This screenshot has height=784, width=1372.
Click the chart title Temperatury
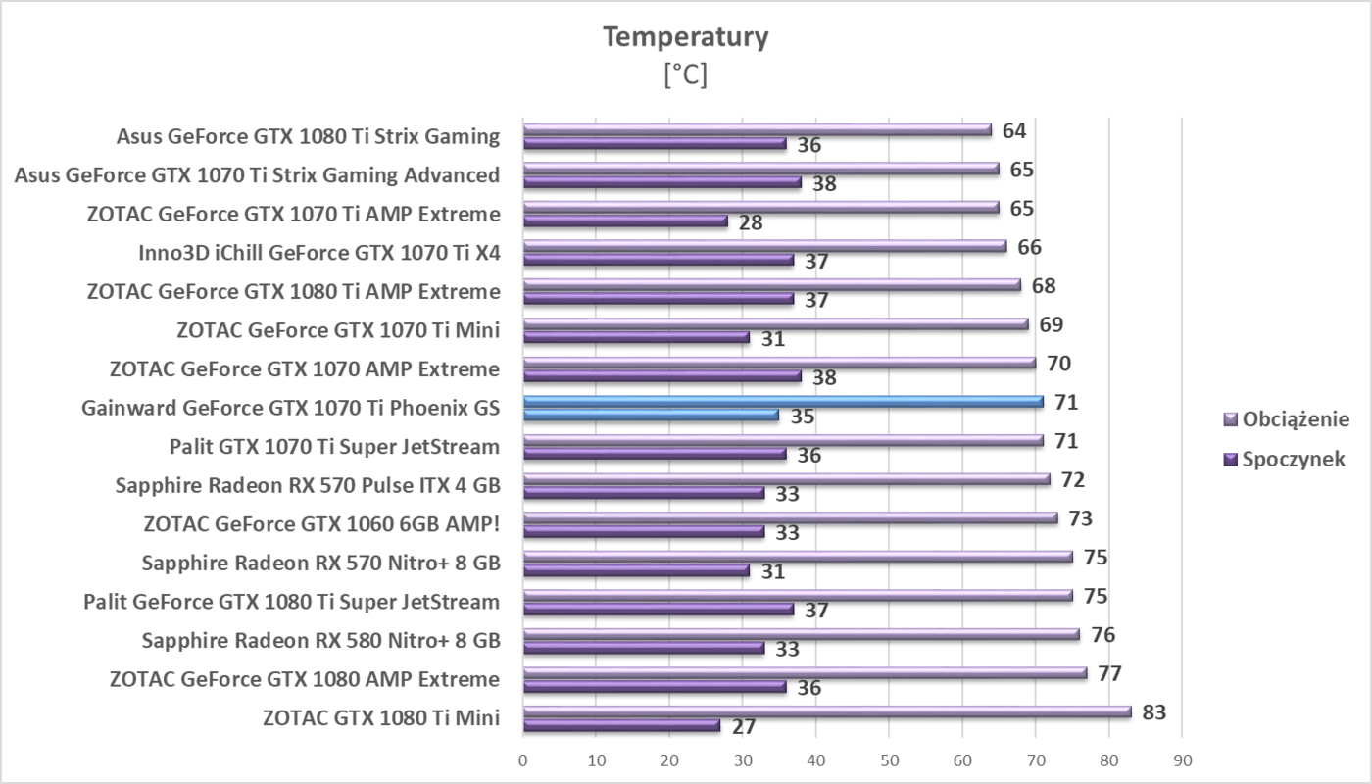pyautogui.click(x=685, y=37)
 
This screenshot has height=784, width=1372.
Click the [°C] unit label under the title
pyautogui.click(x=685, y=74)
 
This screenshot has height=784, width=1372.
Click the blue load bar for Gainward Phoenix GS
pyautogui.click(x=783, y=401)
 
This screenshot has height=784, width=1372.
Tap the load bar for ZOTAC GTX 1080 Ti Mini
pyautogui.click(x=827, y=711)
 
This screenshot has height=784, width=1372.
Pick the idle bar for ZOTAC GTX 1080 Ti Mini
pyautogui.click(x=621, y=726)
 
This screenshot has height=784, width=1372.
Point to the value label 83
pyautogui.click(x=1153, y=712)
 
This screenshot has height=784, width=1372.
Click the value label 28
pyautogui.click(x=751, y=222)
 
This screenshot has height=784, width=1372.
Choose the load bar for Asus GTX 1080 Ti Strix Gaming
pyautogui.click(x=758, y=129)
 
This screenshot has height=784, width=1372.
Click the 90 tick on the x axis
pyautogui.click(x=1181, y=760)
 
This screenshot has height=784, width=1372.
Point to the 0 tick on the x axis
pyautogui.click(x=523, y=760)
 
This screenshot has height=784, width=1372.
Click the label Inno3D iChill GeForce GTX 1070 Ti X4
pyautogui.click(x=319, y=253)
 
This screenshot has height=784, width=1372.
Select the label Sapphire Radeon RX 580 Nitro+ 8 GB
pyautogui.click(x=320, y=641)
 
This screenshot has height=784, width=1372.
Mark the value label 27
pyautogui.click(x=743, y=727)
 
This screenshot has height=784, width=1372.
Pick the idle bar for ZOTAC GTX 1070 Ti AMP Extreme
pyautogui.click(x=625, y=221)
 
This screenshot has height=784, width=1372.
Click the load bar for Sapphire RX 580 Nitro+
pyautogui.click(x=801, y=634)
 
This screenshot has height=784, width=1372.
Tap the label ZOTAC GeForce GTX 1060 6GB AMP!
pyautogui.click(x=321, y=524)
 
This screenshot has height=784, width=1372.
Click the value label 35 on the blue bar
pyautogui.click(x=802, y=416)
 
